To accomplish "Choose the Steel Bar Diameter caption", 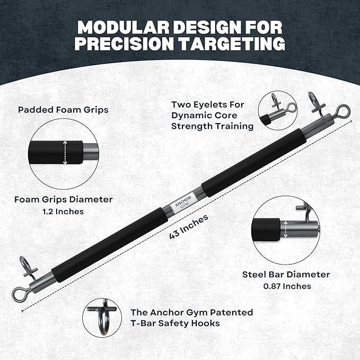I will pos(286,275).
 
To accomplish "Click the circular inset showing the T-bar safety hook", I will pos(102,317).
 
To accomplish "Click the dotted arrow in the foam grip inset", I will pos(65,153).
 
